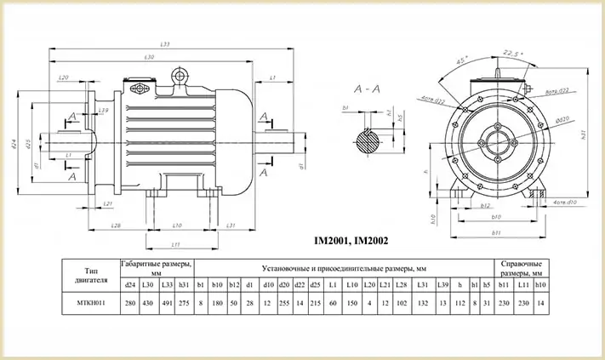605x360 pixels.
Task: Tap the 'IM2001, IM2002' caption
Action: coord(352,241)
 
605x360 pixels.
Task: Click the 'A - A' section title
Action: coord(366,88)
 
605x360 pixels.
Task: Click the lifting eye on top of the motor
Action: coord(180,77)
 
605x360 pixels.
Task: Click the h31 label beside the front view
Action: coord(584,134)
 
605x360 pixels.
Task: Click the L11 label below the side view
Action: coord(174,243)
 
